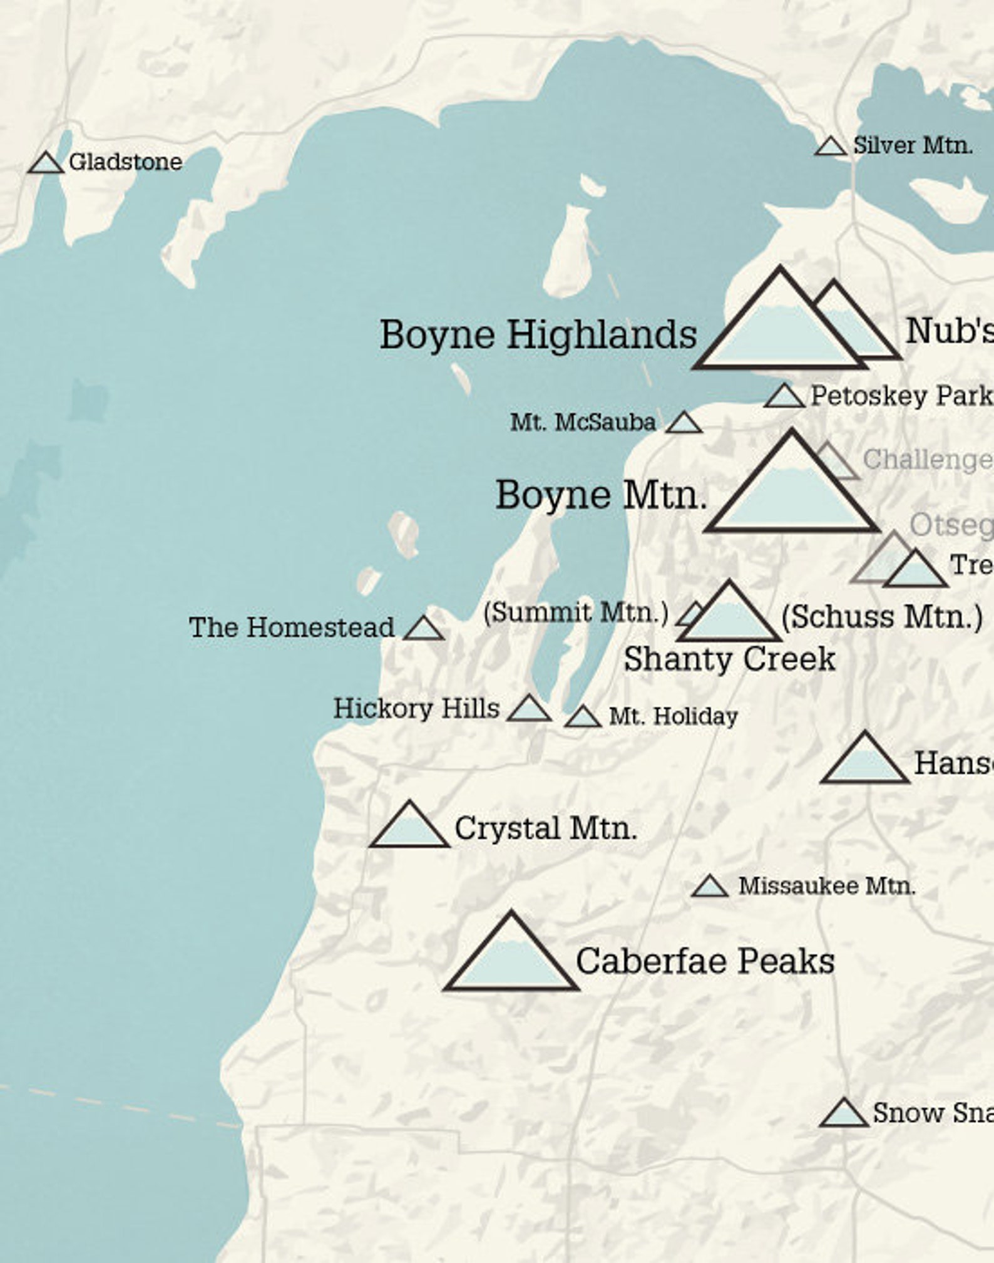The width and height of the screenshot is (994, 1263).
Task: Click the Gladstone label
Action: point(125,162)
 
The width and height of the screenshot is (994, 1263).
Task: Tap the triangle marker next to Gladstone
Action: point(46,164)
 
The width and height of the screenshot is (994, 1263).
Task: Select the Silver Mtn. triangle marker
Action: point(831,148)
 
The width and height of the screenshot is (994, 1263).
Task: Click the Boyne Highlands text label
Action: point(538,334)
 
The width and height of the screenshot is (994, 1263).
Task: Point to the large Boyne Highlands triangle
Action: point(779,329)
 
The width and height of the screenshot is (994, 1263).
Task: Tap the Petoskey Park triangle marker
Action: point(784,398)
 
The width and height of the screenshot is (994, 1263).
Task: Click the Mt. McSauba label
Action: point(583,423)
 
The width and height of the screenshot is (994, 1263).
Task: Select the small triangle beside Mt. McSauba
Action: point(684,424)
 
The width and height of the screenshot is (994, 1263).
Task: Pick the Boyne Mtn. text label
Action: point(601,495)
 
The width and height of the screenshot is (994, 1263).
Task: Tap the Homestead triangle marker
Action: point(424,629)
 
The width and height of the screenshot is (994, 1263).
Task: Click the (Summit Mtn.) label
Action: point(576,612)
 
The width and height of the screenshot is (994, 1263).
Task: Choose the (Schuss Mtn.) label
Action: point(881,617)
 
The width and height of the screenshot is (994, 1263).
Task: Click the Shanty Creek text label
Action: point(729,659)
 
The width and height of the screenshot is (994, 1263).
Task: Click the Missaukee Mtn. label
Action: point(826,886)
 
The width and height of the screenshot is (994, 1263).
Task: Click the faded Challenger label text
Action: point(927,460)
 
